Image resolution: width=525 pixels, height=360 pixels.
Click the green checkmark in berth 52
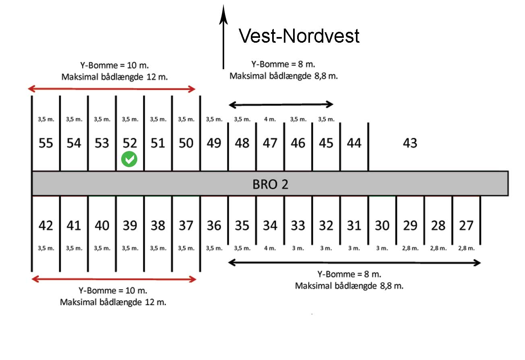coord(129,159)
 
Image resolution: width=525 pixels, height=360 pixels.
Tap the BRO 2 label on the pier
coord(270,184)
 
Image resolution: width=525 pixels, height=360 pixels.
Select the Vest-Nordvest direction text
coord(299,36)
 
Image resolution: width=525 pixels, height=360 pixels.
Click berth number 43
coord(410,143)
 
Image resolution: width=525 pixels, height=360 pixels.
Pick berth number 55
coord(46,143)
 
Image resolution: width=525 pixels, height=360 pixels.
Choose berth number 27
coord(466,226)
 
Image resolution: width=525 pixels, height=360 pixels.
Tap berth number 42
coord(46,226)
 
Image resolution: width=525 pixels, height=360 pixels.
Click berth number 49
coord(214,143)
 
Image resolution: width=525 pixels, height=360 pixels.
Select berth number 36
coord(214,226)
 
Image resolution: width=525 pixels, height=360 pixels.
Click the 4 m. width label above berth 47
coord(270,119)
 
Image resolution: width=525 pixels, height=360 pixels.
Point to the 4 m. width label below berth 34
coord(270,248)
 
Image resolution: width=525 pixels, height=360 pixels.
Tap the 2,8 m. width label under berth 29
coord(410,248)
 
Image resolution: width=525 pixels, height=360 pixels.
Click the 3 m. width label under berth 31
coord(354,248)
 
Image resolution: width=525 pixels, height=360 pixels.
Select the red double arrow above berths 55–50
coord(112,89)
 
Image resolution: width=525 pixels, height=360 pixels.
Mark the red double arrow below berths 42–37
coord(114,279)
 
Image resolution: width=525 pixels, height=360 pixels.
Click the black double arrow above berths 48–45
coord(281,105)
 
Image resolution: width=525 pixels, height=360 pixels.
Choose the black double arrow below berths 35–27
coord(354,263)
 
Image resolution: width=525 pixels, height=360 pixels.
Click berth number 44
coord(354,143)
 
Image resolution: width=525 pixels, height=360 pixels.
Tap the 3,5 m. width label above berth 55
coord(46,119)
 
